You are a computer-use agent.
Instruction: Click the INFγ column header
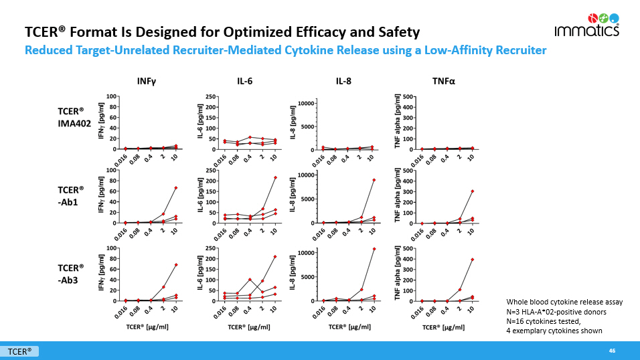click(147, 82)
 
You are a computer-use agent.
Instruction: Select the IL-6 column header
click(245, 82)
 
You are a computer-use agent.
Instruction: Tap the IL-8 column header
click(344, 82)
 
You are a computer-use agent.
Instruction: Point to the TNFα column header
click(443, 82)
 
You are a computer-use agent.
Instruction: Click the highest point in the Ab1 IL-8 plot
click(373, 180)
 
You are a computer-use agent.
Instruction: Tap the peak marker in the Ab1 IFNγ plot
click(176, 188)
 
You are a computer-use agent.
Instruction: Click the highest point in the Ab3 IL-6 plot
click(274, 257)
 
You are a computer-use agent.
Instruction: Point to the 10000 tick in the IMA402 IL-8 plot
click(307, 103)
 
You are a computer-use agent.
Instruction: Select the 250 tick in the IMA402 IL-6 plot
click(210, 97)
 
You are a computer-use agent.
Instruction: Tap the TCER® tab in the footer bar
click(20, 351)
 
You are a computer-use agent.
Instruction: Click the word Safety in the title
click(394, 32)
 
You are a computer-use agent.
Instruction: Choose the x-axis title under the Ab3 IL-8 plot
click(344, 328)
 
